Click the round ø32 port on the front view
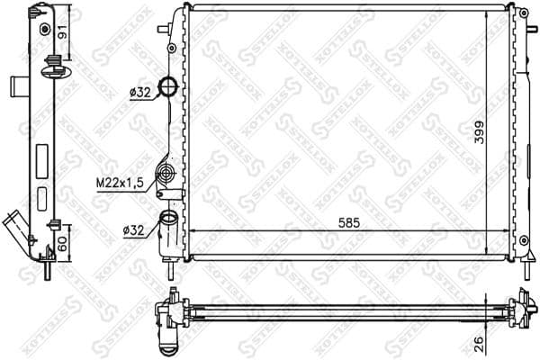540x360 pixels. [x=168, y=86]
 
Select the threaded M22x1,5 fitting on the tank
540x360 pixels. [x=166, y=174]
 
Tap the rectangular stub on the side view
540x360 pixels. [x=17, y=86]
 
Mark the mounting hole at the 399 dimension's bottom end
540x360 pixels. [x=523, y=240]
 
